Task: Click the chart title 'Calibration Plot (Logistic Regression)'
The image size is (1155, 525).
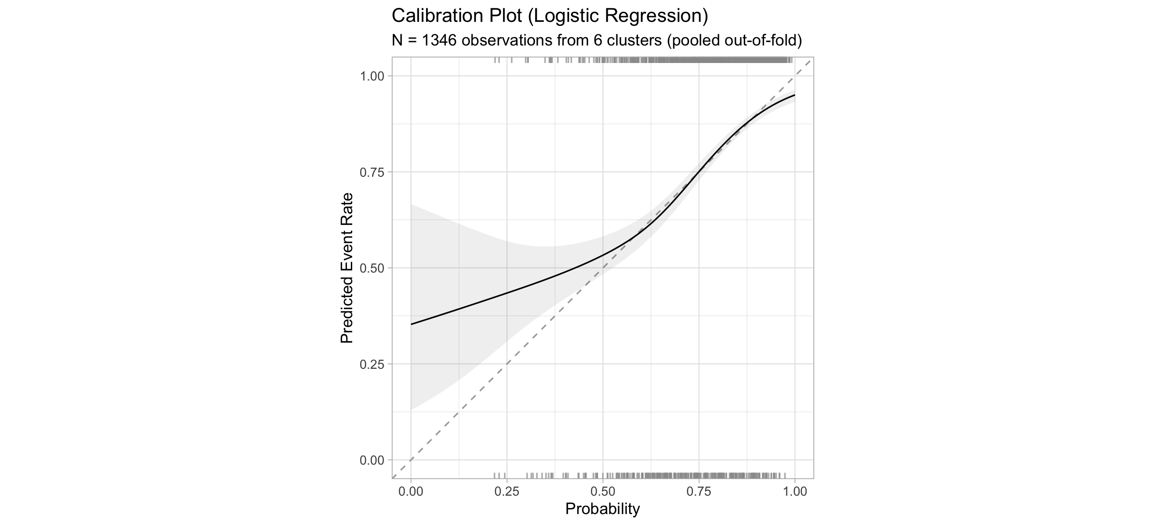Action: (x=549, y=16)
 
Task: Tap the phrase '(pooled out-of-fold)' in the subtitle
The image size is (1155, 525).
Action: (x=734, y=41)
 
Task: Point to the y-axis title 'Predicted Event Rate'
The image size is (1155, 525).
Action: (x=346, y=268)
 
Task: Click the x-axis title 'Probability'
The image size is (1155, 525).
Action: (x=602, y=509)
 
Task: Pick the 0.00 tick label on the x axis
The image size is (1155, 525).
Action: (x=411, y=491)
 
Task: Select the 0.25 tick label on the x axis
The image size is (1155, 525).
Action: (x=507, y=491)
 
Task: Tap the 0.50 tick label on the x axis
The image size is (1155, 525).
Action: (x=602, y=491)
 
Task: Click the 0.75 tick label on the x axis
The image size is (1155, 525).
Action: (x=699, y=491)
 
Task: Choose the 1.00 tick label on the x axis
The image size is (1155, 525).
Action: (x=794, y=491)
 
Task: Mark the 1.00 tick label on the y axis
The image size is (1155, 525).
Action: (x=372, y=76)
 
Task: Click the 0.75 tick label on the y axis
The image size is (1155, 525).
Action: (x=372, y=172)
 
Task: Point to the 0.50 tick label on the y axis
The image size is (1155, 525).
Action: (x=372, y=268)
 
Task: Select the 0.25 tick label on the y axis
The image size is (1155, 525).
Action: (x=372, y=364)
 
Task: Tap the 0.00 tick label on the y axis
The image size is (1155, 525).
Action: (x=372, y=460)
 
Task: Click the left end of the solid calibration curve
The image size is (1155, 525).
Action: (x=412, y=324)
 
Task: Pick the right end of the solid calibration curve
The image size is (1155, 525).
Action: (x=794, y=95)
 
